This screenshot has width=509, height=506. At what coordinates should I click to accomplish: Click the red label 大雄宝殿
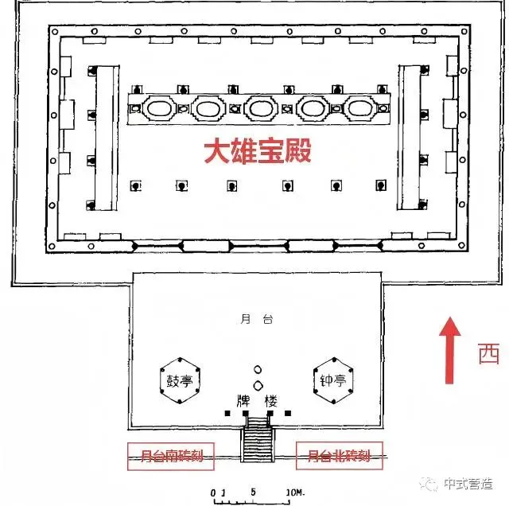click(x=255, y=151)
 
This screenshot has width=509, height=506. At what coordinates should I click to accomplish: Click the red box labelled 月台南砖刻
click(x=166, y=457)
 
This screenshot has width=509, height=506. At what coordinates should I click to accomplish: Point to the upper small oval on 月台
click(x=257, y=370)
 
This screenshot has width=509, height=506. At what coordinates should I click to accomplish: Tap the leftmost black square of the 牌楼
click(x=227, y=414)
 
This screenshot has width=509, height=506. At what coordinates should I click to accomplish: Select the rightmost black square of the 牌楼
click(x=288, y=414)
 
